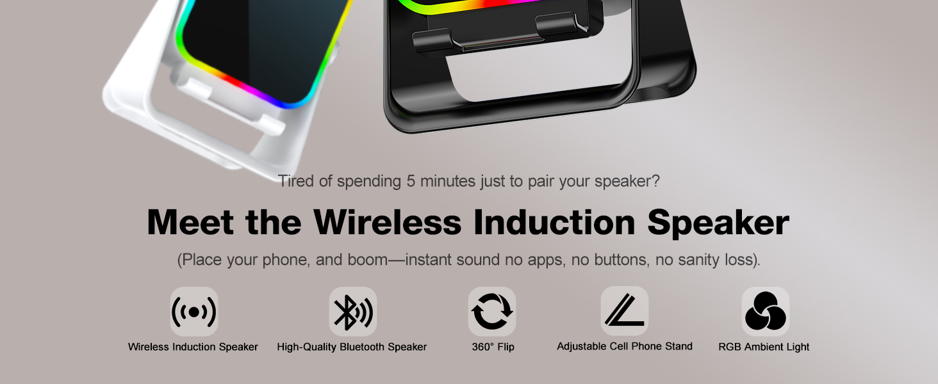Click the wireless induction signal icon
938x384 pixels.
coord(193,312)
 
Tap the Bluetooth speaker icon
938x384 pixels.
coord(352,312)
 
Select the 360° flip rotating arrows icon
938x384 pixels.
coord(491,312)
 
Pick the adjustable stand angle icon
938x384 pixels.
coord(624,311)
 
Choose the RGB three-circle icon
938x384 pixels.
coord(765,312)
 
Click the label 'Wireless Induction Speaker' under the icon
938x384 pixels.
coord(193,347)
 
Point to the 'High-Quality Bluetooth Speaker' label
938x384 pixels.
coord(352,347)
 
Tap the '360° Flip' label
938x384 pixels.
coord(493,347)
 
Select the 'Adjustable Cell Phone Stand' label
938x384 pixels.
coord(625,346)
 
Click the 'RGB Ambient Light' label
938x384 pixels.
coord(764,347)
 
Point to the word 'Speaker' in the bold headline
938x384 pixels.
coord(718,223)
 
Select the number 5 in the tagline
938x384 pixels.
coord(411,181)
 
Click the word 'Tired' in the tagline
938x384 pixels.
coord(296,181)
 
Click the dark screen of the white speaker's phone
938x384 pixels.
coord(256,45)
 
